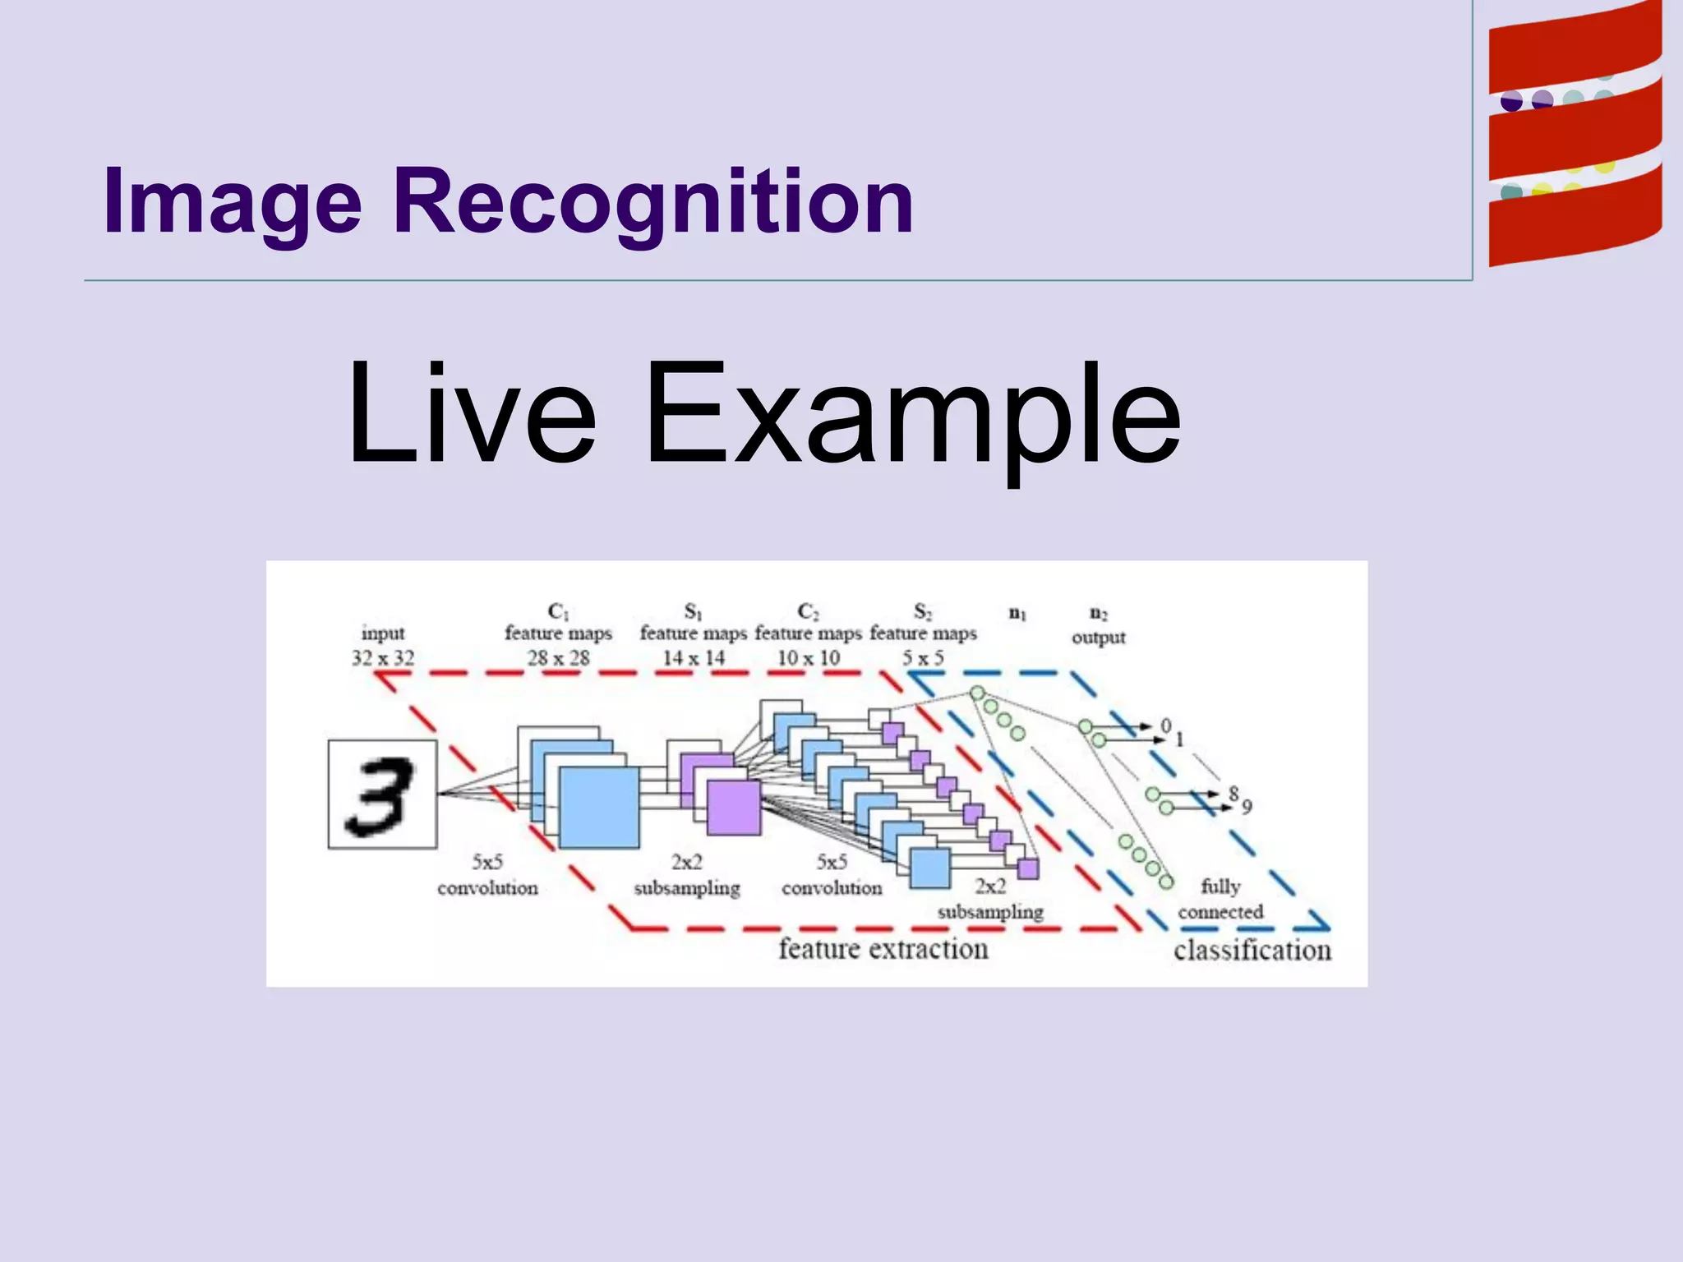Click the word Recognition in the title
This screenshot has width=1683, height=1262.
pos(653,201)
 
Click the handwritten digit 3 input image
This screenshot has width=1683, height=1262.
pos(382,794)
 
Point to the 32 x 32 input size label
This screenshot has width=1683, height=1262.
pos(383,658)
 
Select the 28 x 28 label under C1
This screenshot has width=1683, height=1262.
pos(559,658)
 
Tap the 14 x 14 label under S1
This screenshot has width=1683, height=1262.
pos(694,658)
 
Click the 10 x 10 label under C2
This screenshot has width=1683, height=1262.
pos(809,658)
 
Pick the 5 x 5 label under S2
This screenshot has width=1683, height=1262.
pos(923,658)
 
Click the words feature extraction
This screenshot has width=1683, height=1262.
pos(883,949)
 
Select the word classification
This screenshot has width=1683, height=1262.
pos(1252,951)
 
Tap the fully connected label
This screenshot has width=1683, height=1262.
pos(1220,899)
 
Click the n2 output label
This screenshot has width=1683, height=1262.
pos(1098,626)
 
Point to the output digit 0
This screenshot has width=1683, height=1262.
pos(1165,725)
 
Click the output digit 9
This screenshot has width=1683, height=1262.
pos(1247,808)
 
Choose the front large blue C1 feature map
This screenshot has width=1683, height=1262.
pos(599,807)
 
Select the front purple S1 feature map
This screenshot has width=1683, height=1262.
pos(734,808)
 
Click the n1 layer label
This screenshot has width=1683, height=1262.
pos(1017,613)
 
